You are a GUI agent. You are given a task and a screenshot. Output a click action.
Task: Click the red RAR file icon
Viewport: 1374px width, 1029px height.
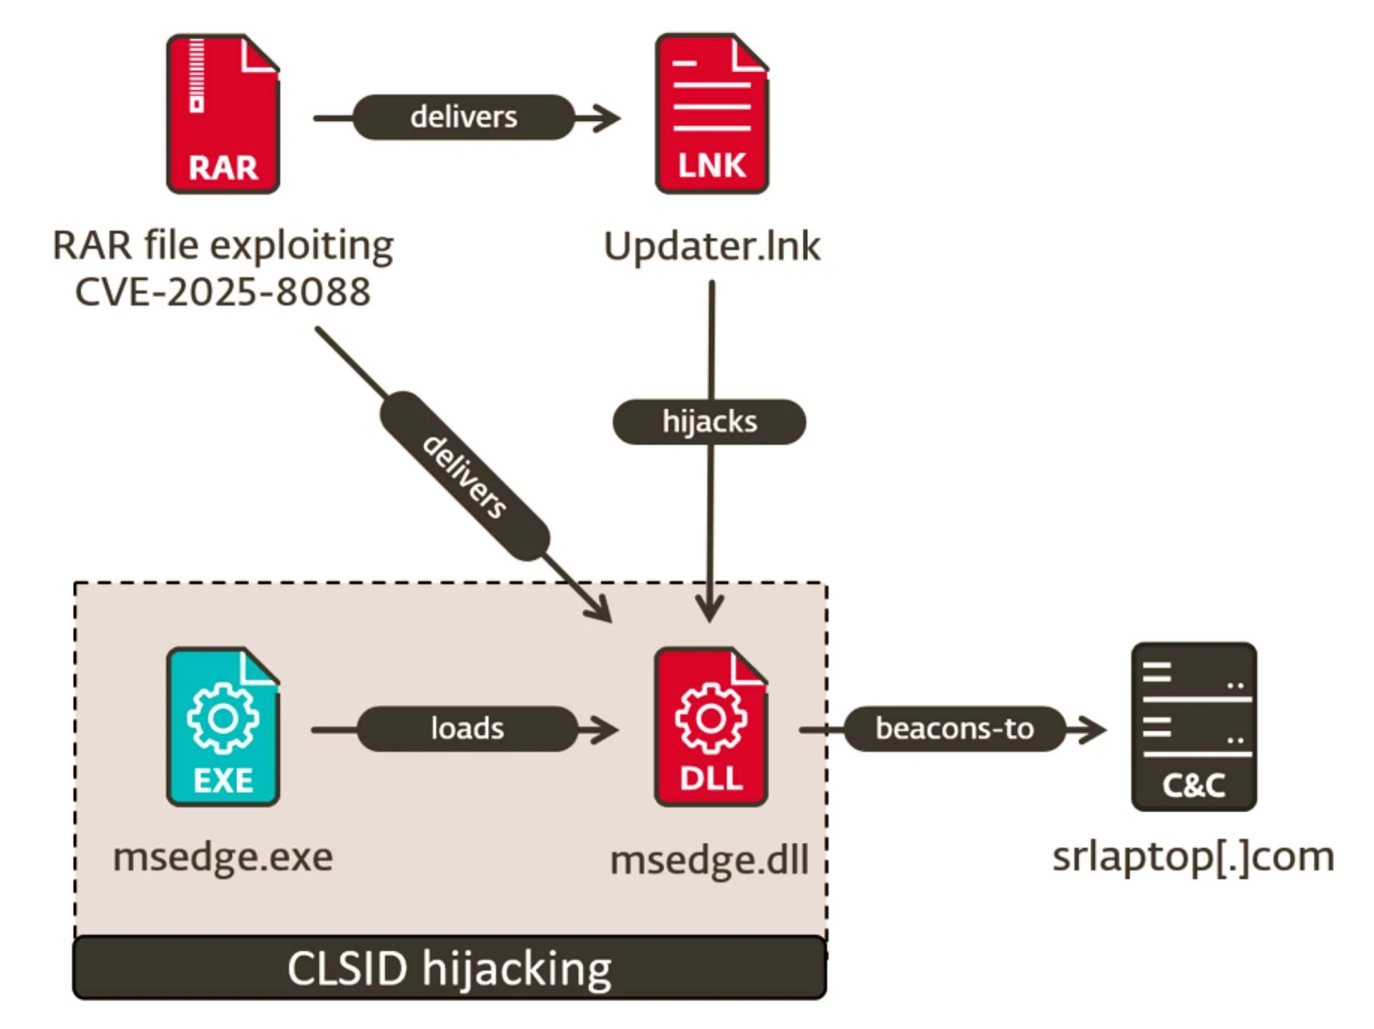[x=223, y=114]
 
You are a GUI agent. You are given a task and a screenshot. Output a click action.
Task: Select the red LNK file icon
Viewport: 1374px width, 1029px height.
[x=711, y=114]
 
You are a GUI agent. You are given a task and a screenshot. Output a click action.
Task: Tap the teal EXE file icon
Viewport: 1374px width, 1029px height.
[x=223, y=727]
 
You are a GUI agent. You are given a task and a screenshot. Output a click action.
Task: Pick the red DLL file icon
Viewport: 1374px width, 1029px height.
[x=711, y=727]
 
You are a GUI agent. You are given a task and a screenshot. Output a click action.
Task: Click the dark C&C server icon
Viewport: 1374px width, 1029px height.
[x=1194, y=726]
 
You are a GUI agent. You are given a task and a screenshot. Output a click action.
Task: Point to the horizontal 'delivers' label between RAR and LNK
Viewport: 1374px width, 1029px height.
[x=464, y=117]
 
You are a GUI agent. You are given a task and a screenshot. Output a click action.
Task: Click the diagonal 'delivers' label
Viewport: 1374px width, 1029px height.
[x=464, y=476]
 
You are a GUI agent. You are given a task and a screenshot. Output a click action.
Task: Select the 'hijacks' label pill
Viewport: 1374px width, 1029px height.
[x=709, y=422]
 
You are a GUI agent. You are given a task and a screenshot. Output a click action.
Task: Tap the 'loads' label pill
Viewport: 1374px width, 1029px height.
[x=467, y=729]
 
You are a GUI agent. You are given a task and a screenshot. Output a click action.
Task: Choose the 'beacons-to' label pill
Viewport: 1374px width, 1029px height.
[x=955, y=729]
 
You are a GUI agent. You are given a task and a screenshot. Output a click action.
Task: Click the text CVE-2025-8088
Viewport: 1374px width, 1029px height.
[x=223, y=292]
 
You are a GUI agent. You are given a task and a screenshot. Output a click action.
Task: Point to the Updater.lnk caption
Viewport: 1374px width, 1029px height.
[x=712, y=246]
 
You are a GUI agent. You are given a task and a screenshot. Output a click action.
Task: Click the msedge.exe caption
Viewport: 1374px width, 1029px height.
[x=223, y=857]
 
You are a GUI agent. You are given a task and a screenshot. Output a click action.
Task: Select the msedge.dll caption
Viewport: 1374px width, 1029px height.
[x=709, y=859]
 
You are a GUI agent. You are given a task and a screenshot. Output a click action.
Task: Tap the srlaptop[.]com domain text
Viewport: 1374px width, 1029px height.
[x=1193, y=857]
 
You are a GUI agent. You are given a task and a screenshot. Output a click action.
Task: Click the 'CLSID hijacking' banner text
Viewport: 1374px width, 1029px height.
[x=449, y=969]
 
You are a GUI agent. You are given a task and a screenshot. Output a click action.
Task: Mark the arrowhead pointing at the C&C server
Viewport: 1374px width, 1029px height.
[x=1091, y=730]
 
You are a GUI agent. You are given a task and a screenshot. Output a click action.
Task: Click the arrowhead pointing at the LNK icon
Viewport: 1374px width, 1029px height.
[x=605, y=118]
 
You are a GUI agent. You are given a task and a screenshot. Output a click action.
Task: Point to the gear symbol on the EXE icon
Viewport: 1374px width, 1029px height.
[x=223, y=718]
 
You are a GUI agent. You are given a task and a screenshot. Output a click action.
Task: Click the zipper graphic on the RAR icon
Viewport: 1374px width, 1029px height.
[x=197, y=76]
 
